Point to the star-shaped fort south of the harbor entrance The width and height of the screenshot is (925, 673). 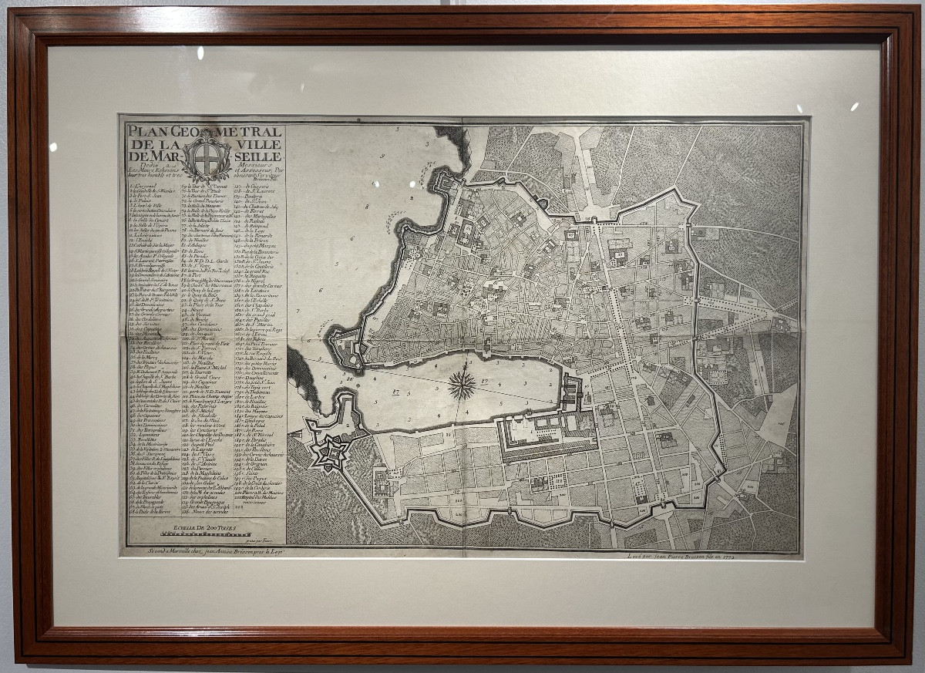(x=330, y=451)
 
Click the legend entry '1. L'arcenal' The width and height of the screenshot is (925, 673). (x=142, y=187)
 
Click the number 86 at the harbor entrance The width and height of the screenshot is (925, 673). (x=350, y=378)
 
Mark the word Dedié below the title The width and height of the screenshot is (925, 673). (x=140, y=167)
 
